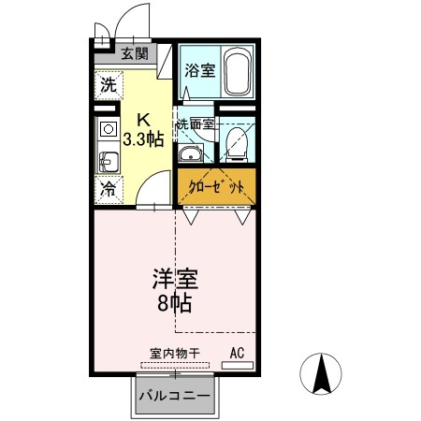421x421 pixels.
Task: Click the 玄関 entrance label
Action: coord(135,54)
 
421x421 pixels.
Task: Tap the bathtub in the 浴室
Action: coord(238,72)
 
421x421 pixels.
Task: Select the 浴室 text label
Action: coord(200,70)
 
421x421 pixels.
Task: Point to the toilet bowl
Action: coord(237,144)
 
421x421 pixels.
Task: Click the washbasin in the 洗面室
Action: coord(190,154)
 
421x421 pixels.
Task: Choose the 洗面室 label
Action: coord(196,124)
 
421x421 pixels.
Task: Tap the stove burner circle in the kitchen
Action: coord(109,129)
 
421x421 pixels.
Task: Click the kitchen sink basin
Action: coord(108,162)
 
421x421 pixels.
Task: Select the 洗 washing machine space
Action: coord(109,85)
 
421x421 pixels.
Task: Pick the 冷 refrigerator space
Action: coord(109,190)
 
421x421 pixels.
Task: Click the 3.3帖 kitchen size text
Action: coord(143,139)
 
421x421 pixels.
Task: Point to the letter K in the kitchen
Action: coord(144,119)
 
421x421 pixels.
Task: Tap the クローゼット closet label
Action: coord(216,187)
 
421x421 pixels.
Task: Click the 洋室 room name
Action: coord(175,279)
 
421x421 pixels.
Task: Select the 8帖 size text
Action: coord(174,302)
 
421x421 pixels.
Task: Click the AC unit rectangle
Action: coord(238,365)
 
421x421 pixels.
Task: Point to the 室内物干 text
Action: coord(175,354)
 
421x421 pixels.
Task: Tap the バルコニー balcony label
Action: coord(175,396)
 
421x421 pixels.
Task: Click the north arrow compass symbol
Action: coord(321,374)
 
